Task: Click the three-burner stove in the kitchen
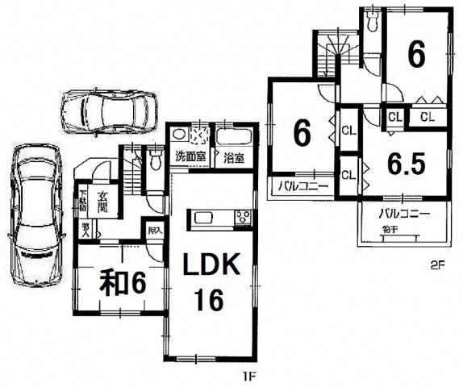244,217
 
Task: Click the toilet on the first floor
156,160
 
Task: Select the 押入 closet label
154,231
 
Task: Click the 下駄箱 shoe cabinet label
84,200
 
